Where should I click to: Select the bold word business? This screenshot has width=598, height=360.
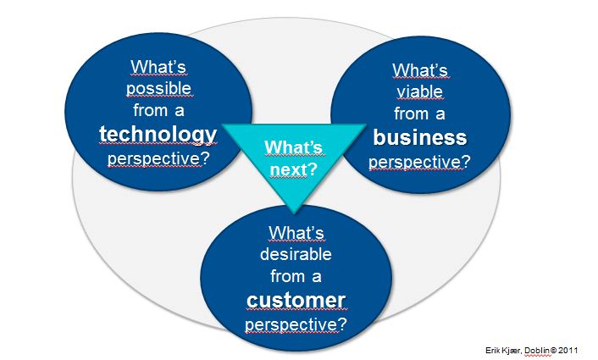coord(421,137)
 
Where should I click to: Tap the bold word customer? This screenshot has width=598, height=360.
coord(296,300)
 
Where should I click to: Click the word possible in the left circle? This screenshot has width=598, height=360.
coord(158,87)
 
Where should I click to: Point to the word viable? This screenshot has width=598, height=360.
coord(419,91)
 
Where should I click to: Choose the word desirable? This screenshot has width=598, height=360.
coord(296,253)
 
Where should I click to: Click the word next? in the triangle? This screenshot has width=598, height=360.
coord(294,168)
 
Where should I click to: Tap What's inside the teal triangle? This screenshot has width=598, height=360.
coord(294,147)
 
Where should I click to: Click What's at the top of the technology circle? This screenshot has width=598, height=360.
coord(158,66)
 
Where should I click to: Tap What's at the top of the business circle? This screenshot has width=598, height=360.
coord(420,70)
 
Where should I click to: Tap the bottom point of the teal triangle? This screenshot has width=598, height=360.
coord(294,210)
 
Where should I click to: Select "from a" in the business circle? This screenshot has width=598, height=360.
coord(420,114)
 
